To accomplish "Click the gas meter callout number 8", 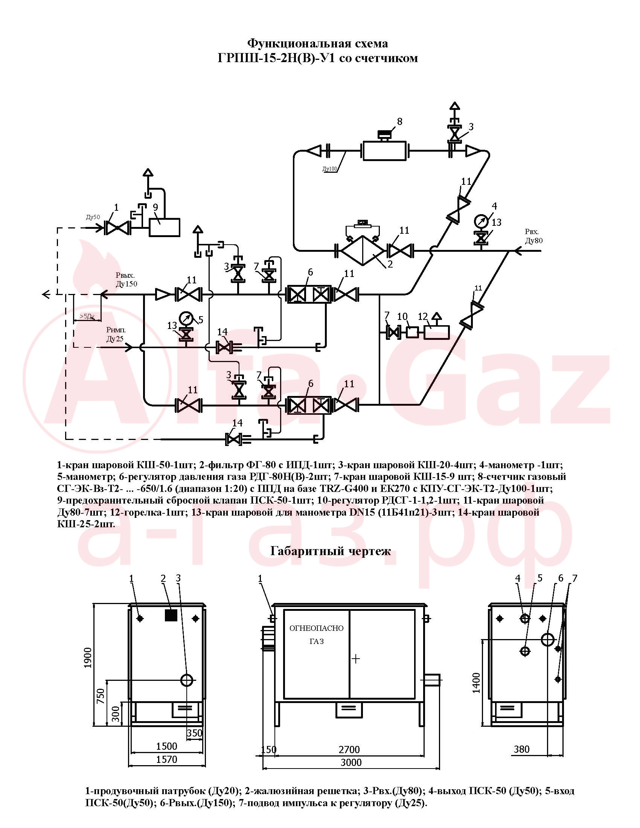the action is coord(399,121).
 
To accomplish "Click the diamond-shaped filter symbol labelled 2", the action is coord(363,251).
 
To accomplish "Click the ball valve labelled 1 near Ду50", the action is coord(117,228).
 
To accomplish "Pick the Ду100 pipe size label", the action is coord(330,169).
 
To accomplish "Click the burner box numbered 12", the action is coord(437,332).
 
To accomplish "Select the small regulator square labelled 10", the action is coord(412,332).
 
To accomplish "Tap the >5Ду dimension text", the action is coord(87,317).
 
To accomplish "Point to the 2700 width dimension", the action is coord(349,749).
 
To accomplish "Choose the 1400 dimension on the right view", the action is coord(477,683).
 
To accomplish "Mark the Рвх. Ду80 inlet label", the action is coord(533,236).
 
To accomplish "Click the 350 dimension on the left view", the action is coord(195,733).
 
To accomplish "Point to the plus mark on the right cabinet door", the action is coord(356,659).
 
